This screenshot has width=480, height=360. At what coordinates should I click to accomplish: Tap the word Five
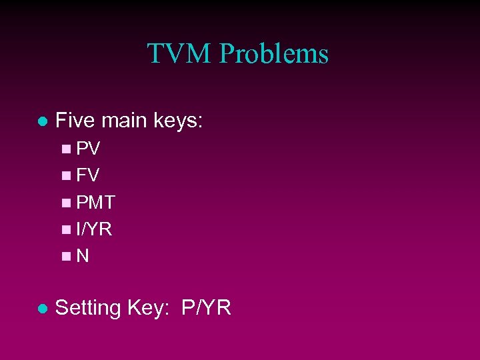coord(76,121)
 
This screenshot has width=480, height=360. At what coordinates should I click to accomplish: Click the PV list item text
coord(88,148)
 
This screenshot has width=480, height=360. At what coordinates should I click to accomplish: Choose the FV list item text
coord(88,175)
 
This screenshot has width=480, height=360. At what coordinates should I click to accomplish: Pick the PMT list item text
coord(96,202)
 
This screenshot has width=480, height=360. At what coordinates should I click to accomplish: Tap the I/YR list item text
coord(94,229)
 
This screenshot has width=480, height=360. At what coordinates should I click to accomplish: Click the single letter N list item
coord(83,256)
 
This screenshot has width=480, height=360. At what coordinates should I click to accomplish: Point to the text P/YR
coord(206,308)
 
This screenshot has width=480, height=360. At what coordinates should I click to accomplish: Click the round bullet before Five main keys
coord(42,122)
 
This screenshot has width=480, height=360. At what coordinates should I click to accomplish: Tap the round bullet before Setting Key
coord(42,309)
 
